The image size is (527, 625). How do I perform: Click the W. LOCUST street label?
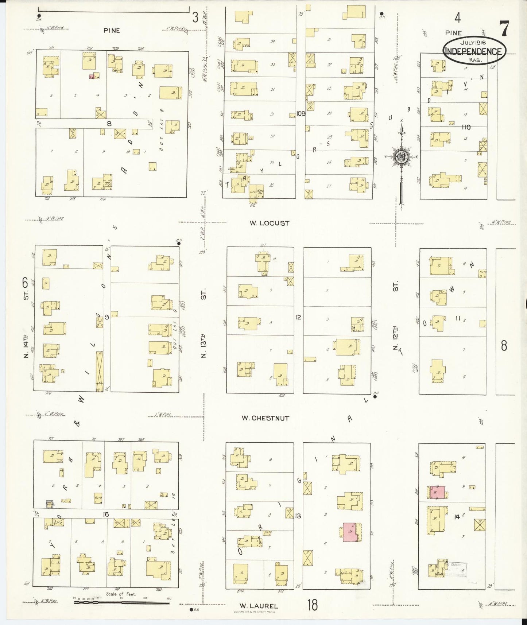click(270, 223)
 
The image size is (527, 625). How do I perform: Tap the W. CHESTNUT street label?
click(265, 418)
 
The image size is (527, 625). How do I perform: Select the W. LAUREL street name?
click(259, 606)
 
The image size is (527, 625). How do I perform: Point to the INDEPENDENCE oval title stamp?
click(474, 51)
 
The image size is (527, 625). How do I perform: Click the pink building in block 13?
click(351, 532)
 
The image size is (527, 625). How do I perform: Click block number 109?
click(301, 113)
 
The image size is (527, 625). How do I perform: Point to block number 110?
click(466, 127)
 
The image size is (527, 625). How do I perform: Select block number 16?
click(106, 515)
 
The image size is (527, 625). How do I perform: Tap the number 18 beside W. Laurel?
click(312, 606)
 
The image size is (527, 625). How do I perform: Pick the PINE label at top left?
click(112, 31)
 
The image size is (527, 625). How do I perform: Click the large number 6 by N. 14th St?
click(25, 283)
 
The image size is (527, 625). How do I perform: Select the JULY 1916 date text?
click(474, 43)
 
